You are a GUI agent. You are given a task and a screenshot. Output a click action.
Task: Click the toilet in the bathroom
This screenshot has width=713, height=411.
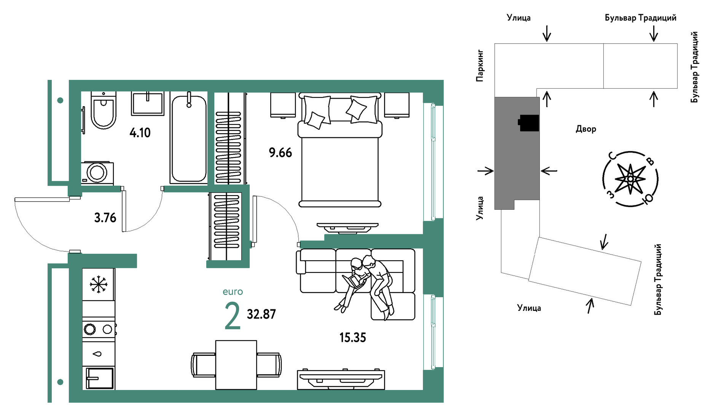[x=103, y=110]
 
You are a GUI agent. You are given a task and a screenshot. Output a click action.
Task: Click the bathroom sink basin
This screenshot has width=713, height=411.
[x=148, y=103]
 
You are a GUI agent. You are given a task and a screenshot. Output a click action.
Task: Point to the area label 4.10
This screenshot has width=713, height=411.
[x=140, y=133]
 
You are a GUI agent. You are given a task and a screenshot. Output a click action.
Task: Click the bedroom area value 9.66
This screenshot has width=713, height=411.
[x=280, y=153]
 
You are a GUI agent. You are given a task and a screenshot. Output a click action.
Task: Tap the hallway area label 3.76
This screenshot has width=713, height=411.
[x=105, y=218]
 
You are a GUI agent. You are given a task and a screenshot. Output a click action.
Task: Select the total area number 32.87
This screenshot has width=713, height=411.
[x=261, y=314]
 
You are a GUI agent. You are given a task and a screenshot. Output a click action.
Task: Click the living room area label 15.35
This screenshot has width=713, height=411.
[x=353, y=338]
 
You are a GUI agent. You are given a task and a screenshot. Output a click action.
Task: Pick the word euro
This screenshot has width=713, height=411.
[x=233, y=292]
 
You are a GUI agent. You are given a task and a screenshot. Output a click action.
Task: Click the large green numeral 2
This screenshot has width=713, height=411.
[x=233, y=315]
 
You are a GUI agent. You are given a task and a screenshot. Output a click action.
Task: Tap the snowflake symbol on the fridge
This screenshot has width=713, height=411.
[x=99, y=284]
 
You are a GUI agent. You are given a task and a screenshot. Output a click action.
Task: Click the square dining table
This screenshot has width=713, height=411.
[x=236, y=365]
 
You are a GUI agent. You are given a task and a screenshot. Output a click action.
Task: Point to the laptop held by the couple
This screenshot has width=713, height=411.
[x=353, y=281]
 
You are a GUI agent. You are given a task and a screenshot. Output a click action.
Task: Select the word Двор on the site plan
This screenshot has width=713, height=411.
[x=586, y=129]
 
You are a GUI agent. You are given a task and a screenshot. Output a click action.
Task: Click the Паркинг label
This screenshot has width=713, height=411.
[x=480, y=65]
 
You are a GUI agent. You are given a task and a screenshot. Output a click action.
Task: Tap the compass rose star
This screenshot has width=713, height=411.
[x=630, y=178]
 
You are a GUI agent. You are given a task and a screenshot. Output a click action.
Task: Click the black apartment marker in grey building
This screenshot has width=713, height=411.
[x=529, y=123]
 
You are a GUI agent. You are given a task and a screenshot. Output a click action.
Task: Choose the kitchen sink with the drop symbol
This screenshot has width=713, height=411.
[x=98, y=354]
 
